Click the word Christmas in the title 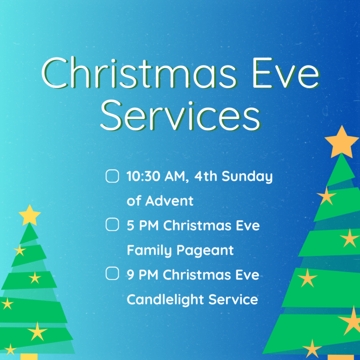tap(139, 73)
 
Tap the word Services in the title tap(180, 115)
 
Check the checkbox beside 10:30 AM tap(112, 176)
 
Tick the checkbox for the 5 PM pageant tap(112, 225)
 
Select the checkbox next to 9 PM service tap(112, 273)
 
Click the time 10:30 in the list tap(143, 176)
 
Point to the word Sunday tap(247, 177)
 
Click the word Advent tap(169, 201)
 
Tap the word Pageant tap(205, 250)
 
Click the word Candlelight tap(165, 300)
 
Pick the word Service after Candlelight tap(233, 300)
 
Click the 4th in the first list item tap(206, 176)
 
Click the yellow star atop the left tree tap(30, 215)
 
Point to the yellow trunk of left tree tap(29, 357)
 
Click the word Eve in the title tap(286, 73)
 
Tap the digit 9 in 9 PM tap(130, 275)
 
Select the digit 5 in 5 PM tap(130, 225)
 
